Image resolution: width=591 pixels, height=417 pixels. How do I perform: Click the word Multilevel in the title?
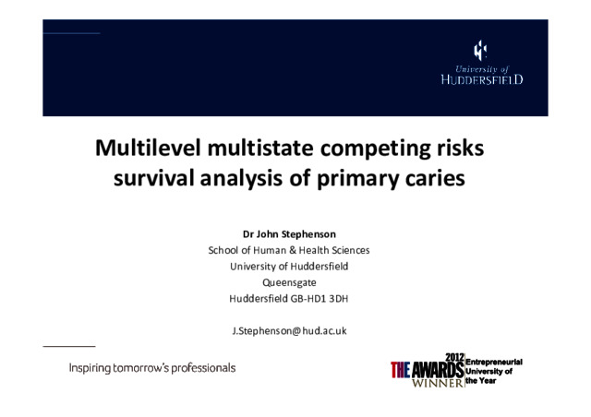[x=148, y=148]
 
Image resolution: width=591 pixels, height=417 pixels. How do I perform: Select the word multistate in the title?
[x=260, y=148]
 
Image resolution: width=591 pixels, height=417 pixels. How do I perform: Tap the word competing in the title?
[x=376, y=149]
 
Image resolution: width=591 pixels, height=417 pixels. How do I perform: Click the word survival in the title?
[x=154, y=178]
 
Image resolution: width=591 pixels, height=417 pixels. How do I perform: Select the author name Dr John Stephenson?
[x=289, y=234]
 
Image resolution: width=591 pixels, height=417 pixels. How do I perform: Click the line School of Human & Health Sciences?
[x=289, y=250]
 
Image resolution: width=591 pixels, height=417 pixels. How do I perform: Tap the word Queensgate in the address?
[x=289, y=283]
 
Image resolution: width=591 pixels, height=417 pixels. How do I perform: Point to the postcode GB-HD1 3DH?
[x=319, y=299]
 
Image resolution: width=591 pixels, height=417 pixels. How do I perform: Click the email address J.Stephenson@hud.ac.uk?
[x=289, y=331]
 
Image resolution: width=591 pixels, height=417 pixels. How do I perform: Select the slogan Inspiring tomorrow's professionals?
[x=152, y=368]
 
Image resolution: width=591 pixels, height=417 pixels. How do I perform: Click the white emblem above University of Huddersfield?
[x=480, y=51]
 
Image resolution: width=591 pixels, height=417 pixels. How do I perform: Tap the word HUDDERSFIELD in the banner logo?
[x=482, y=79]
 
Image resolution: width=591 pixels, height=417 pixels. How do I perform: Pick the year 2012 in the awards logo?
[x=454, y=357]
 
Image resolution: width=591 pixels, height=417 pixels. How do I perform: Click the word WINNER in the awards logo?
[x=438, y=383]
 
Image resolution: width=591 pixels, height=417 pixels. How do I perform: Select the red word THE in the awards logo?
[x=400, y=370]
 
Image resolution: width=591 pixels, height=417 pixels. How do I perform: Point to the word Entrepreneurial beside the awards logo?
[x=494, y=362]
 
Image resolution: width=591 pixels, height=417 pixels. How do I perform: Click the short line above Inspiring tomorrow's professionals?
[x=69, y=346]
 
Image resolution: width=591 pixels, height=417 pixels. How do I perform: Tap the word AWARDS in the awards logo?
[x=438, y=370]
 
